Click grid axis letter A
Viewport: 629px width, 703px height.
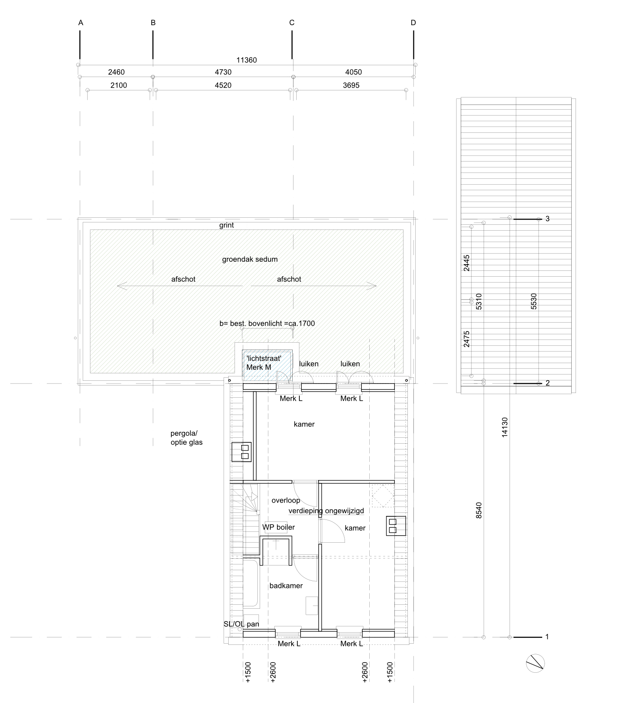[x=81, y=23]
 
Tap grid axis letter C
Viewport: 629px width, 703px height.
[x=292, y=23]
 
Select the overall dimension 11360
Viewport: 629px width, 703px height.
[x=246, y=60]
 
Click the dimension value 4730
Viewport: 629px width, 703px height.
[x=223, y=72]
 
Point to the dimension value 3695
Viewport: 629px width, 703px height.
[x=351, y=85]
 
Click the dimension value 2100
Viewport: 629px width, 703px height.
[x=119, y=85]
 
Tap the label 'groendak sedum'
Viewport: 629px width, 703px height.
[x=250, y=259]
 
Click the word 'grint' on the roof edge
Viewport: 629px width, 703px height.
[x=227, y=225]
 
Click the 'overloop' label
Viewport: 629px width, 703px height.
[x=286, y=500]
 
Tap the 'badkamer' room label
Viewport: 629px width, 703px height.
[x=286, y=586]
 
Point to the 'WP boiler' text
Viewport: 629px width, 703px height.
[x=279, y=527]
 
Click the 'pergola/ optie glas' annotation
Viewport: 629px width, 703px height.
[x=187, y=438]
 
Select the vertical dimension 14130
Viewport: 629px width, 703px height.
[x=505, y=427]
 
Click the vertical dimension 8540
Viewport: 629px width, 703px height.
[x=479, y=510]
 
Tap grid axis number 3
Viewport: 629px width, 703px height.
[x=548, y=219]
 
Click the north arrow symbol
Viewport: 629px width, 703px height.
[x=535, y=664]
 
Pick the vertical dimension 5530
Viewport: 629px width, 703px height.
[x=534, y=301]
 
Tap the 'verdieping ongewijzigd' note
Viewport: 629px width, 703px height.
[x=326, y=511]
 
